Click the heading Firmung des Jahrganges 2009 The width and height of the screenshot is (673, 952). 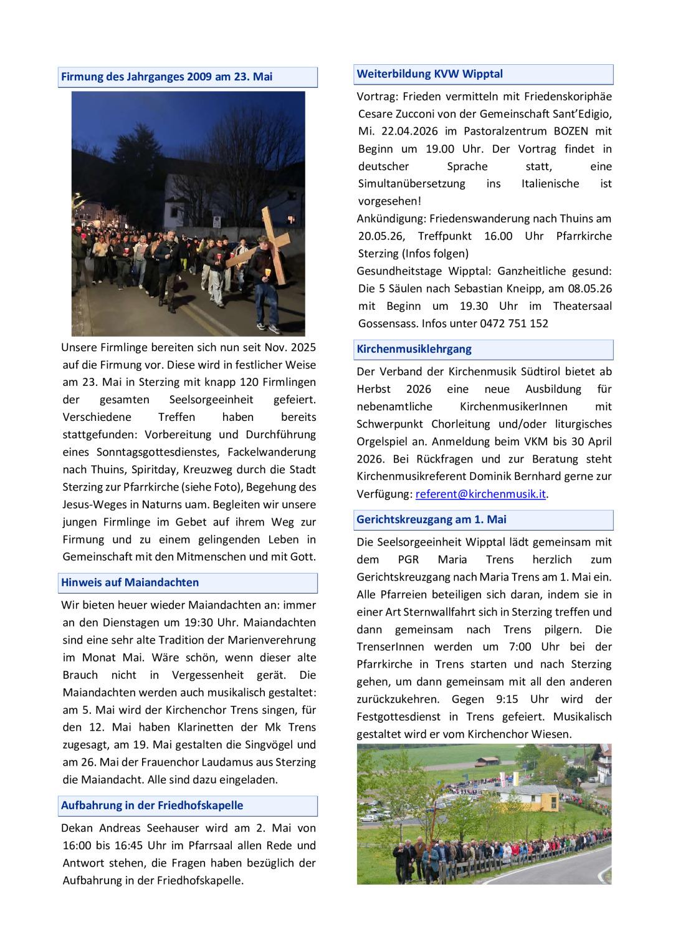166,77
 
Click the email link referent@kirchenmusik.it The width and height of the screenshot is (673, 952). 480,494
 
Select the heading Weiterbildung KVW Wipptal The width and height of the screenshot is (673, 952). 429,74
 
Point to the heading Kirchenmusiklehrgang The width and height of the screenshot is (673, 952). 414,349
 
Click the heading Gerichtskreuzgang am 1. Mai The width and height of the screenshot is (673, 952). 431,519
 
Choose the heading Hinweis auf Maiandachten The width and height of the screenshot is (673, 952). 130,582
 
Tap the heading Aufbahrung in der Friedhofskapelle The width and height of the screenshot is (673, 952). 152,805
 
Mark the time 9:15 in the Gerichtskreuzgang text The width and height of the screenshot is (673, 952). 507,700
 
